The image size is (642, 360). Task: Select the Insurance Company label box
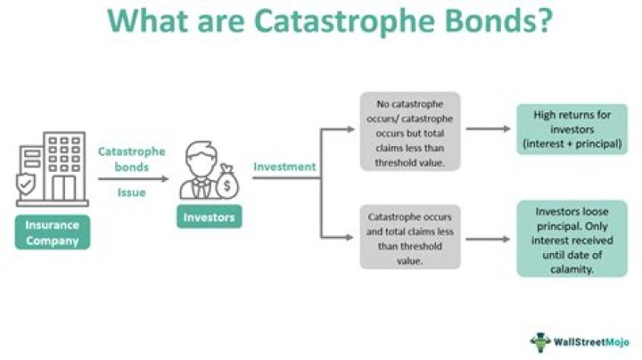click(x=52, y=232)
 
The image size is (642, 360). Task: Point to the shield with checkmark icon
click(x=29, y=183)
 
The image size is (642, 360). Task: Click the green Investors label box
click(x=210, y=216)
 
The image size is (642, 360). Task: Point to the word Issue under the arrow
click(x=132, y=191)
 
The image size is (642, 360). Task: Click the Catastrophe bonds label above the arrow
click(x=132, y=160)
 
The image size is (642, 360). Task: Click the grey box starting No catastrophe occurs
click(x=410, y=130)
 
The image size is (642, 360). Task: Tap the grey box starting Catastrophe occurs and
click(x=410, y=238)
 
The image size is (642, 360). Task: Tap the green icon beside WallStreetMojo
click(x=541, y=341)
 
